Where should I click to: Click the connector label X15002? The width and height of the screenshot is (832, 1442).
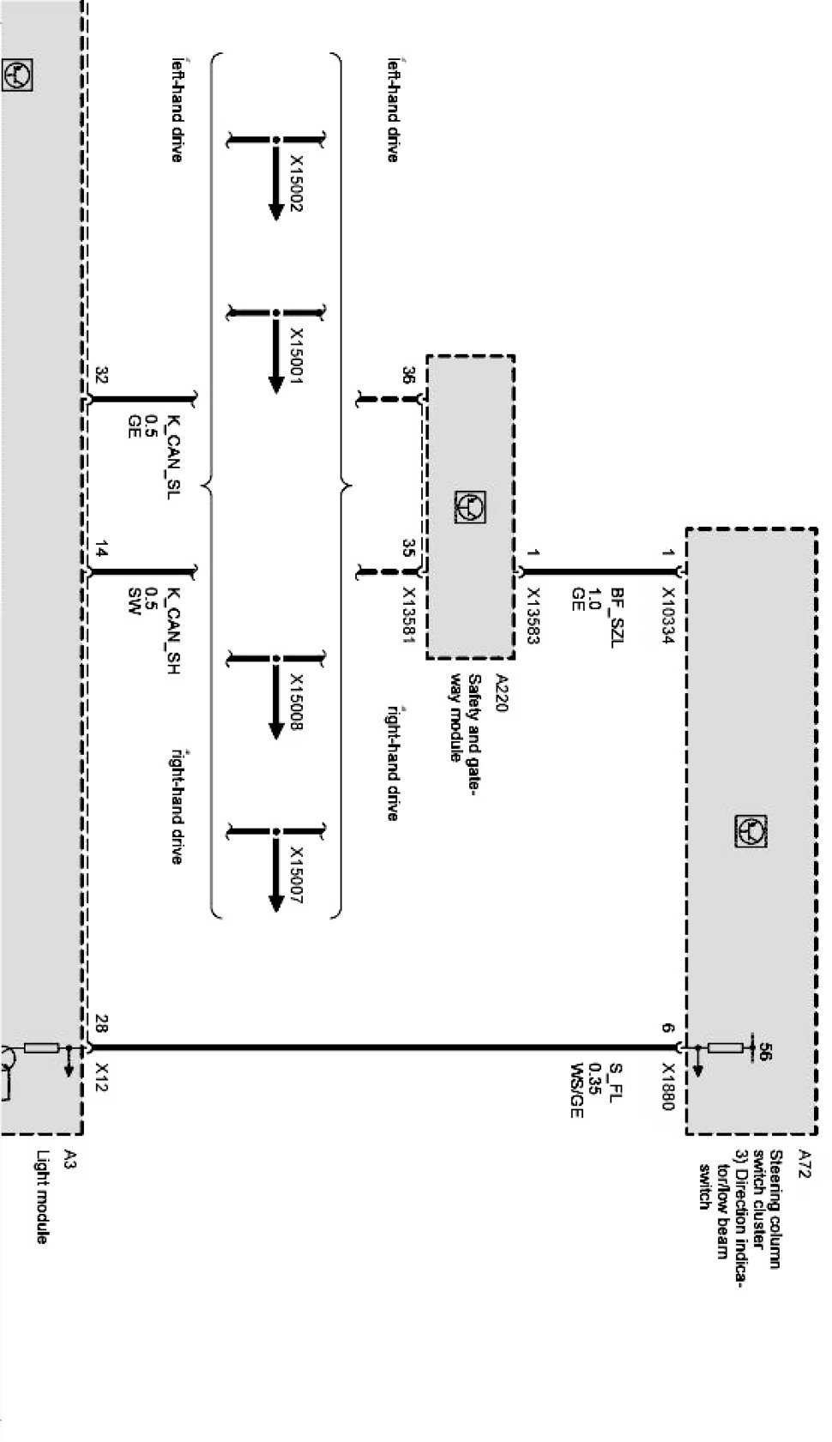click(297, 183)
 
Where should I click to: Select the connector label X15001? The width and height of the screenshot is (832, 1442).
click(297, 356)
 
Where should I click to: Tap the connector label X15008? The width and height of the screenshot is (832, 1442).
click(297, 703)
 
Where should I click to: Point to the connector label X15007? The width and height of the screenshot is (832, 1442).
click(297, 875)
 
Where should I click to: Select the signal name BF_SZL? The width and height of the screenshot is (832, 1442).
click(617, 618)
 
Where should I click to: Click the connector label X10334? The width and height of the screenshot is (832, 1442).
click(668, 615)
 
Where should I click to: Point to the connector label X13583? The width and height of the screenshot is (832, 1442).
click(534, 615)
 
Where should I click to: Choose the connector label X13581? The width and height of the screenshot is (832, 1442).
click(408, 615)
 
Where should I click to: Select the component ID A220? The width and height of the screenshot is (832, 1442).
click(502, 692)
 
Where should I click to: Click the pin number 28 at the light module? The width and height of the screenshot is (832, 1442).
click(102, 1023)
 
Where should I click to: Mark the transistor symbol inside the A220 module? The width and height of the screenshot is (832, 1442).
click(470, 507)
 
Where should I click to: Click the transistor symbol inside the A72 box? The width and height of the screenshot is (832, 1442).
click(751, 830)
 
